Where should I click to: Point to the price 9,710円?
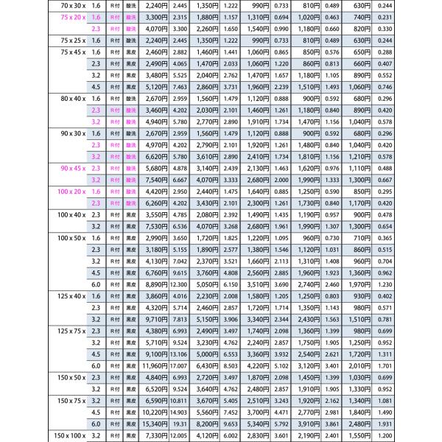155,318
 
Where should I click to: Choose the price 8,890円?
155,284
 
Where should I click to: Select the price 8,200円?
206,424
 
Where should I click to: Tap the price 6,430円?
206,365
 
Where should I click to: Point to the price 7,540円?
155,180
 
